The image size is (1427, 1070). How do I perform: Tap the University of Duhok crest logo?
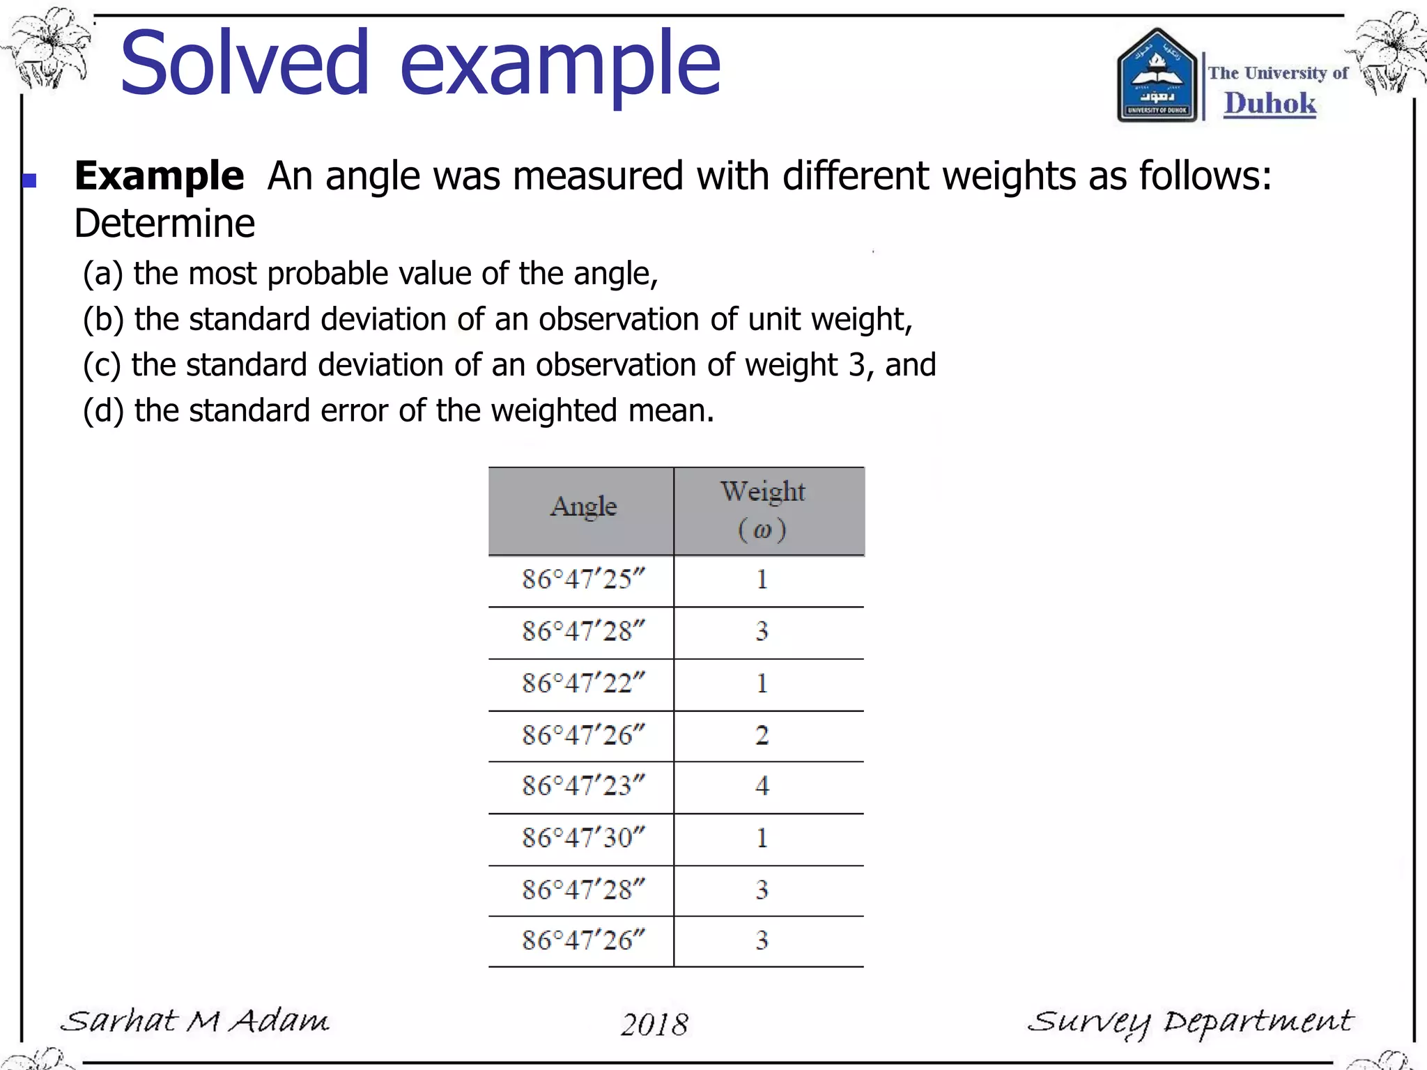coord(1157,77)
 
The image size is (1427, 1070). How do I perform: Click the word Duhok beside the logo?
coord(1270,103)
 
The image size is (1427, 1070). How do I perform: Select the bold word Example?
coord(159,176)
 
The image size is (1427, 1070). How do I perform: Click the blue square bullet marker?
coord(29,181)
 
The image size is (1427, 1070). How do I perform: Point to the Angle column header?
coord(583,506)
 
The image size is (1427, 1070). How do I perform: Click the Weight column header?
coord(762,492)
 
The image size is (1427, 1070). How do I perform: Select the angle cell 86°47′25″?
coord(583,580)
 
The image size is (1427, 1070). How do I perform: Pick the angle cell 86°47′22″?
coord(583,683)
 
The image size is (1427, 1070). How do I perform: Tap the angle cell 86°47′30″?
coord(583,837)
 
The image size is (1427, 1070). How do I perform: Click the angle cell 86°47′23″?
coord(583,786)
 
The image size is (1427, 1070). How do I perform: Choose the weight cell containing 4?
coord(762,786)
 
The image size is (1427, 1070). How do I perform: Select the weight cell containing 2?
coord(762,735)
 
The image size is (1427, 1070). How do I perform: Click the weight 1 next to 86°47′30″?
coord(762,837)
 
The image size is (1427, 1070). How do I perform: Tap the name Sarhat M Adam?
coord(195,1021)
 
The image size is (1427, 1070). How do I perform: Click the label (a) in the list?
coord(103,274)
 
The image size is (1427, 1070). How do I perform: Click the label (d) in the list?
coord(103,411)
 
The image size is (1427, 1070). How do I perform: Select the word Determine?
coord(164,224)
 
